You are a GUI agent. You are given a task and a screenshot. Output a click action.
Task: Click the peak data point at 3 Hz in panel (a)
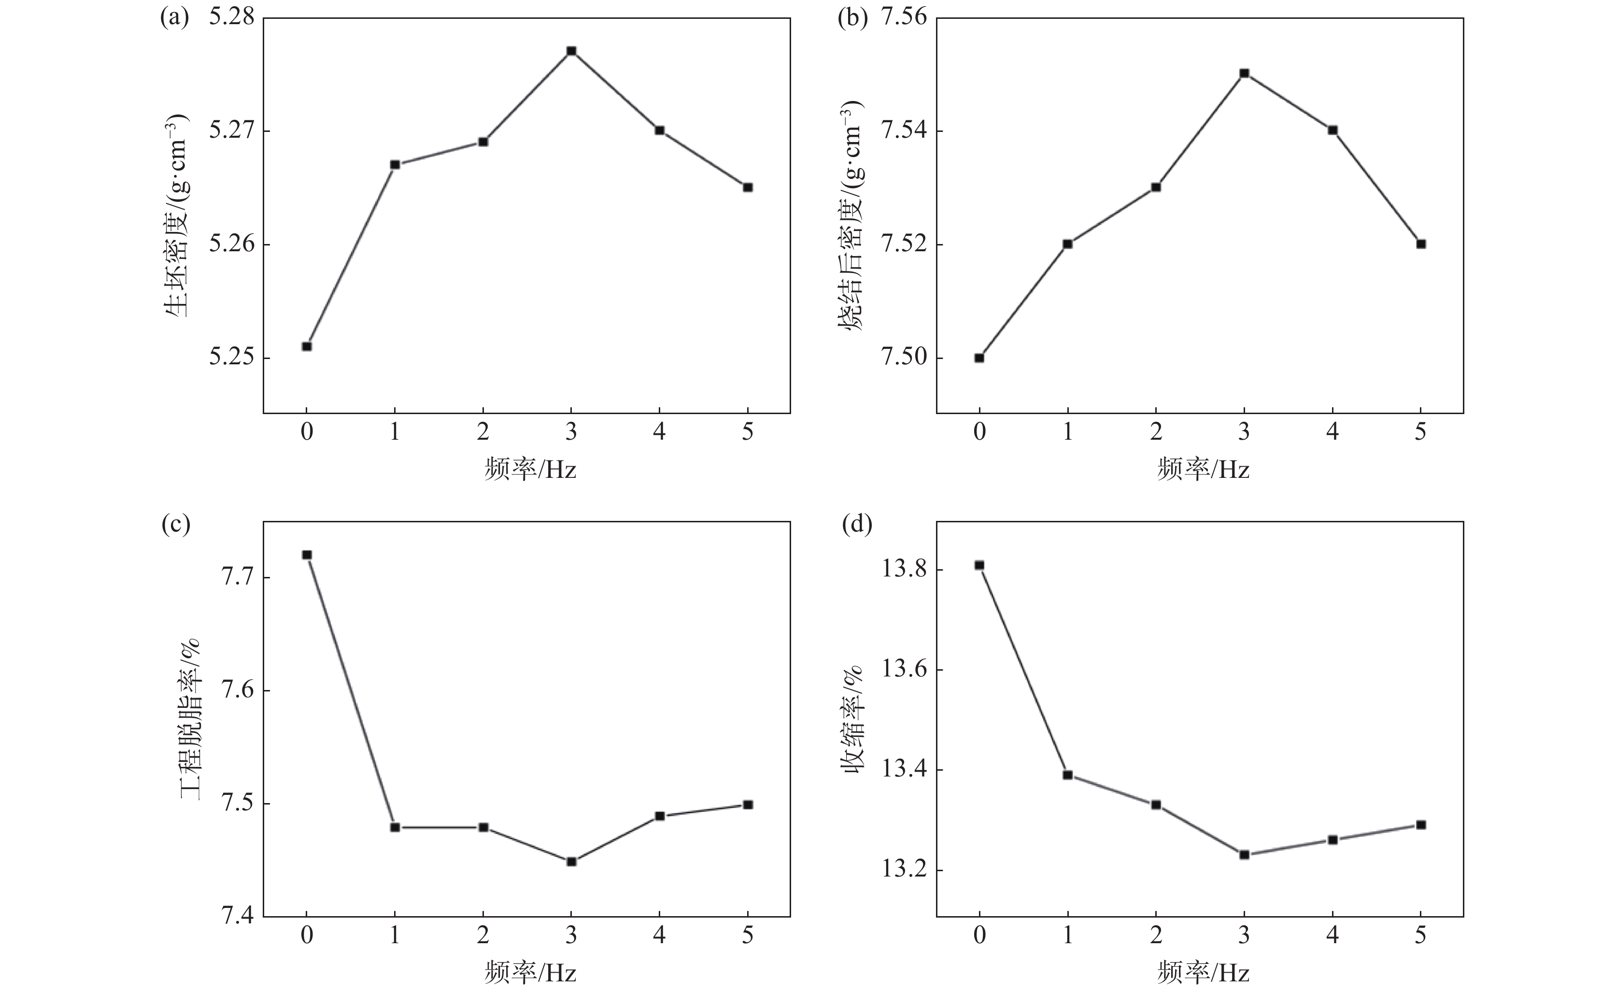tap(571, 51)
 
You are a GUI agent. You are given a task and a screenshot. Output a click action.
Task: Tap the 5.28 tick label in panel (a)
tap(231, 18)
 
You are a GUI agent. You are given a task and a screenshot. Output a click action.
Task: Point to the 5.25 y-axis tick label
tap(231, 358)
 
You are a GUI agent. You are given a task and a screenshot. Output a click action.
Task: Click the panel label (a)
tap(174, 18)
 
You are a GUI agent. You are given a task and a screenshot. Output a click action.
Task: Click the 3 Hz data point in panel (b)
tap(1244, 73)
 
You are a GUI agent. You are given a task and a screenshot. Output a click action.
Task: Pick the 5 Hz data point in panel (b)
tap(1420, 244)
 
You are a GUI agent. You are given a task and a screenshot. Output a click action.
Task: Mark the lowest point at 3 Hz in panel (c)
tap(571, 862)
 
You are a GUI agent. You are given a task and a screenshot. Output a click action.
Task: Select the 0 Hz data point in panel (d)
tap(979, 565)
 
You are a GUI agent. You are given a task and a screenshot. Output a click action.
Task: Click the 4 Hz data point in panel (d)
tap(1332, 840)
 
